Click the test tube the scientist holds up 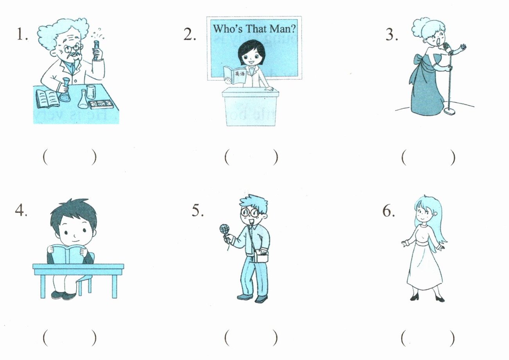click(x=96, y=50)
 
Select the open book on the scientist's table click(x=47, y=99)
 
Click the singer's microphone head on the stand click(x=447, y=47)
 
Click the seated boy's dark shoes click(x=64, y=295)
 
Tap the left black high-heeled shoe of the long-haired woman click(x=415, y=297)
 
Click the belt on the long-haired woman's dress click(x=425, y=244)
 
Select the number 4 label click(x=21, y=211)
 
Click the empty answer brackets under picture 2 click(x=251, y=157)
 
